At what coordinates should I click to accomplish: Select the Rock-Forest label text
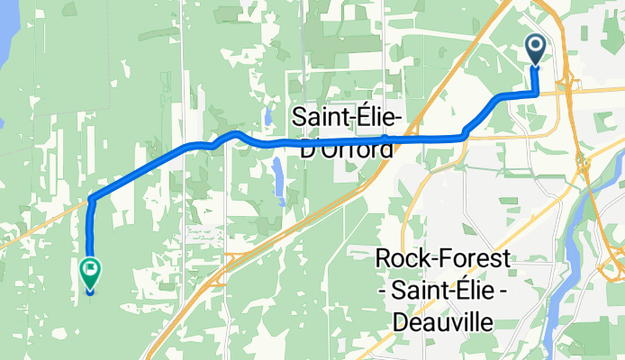[x=442, y=259]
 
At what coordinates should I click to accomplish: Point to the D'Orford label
[x=346, y=148]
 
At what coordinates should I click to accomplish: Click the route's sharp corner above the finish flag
[x=92, y=199]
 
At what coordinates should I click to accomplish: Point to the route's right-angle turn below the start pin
[x=537, y=94]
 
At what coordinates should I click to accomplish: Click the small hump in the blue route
[x=236, y=134]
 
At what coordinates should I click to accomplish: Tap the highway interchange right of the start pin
[x=573, y=85]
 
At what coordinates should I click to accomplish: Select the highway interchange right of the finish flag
[x=225, y=261]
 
